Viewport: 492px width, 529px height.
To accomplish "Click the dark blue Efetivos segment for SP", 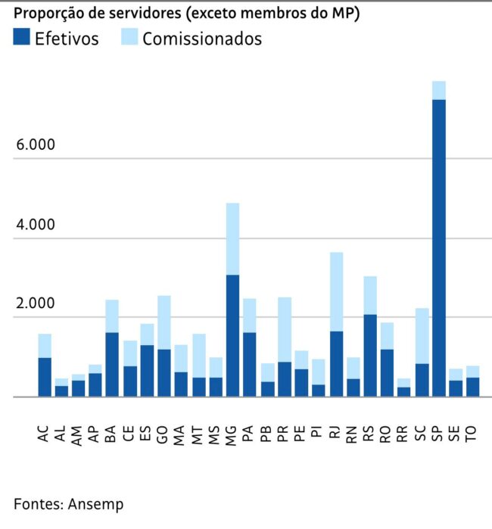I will (x=439, y=248).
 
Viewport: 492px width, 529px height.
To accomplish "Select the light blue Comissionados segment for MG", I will (x=232, y=238).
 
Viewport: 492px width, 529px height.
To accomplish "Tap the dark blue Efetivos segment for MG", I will (x=232, y=336).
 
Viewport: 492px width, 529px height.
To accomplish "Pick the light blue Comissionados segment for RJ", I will (x=335, y=291).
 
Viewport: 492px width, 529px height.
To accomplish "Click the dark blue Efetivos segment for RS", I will (x=370, y=356).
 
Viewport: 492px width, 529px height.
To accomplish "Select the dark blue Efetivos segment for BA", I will (x=112, y=365).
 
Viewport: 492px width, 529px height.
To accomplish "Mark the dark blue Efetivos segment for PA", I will (x=250, y=365).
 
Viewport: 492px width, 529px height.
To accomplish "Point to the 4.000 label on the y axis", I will (x=35, y=225).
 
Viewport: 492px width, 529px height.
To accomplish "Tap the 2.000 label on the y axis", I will (x=35, y=304).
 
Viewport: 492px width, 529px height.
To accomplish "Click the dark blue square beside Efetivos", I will (x=22, y=38).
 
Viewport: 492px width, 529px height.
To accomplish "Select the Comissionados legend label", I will (x=201, y=39).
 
